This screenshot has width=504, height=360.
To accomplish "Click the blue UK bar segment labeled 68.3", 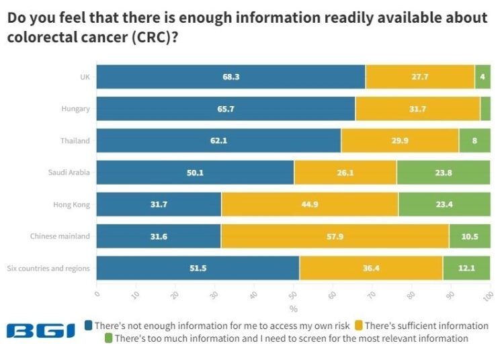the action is coord(230,77).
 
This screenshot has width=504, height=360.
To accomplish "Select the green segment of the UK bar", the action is coord(482,77).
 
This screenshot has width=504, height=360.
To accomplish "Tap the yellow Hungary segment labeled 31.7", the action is coord(417,109).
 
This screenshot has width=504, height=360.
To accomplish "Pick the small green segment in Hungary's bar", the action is coord(485,109).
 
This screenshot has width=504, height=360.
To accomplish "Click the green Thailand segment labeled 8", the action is coord(474,140).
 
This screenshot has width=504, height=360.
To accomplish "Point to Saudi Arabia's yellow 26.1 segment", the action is coord(345,173).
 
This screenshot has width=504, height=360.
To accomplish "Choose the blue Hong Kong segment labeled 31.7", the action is coord(159,204).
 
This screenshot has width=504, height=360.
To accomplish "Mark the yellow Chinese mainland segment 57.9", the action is coord(335,236).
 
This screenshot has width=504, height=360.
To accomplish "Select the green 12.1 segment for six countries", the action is coord(467,268).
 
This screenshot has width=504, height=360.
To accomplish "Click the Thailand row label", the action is coord(75,140).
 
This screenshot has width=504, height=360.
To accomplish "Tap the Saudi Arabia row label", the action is coord(69,173).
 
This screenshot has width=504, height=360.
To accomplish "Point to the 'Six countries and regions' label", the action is coord(48,268).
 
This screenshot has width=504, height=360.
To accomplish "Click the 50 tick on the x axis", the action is coord(293,295).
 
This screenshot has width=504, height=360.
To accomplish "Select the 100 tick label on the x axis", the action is coord(489,296).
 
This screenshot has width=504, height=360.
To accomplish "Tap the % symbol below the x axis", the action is coord(294,309).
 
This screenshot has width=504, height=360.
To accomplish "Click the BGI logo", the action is coord(40,331).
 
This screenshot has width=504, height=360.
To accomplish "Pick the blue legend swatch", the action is coord(89,325).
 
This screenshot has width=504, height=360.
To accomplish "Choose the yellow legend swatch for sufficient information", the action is coord(359,325).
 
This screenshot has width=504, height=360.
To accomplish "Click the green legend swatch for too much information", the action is coord(109,338).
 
